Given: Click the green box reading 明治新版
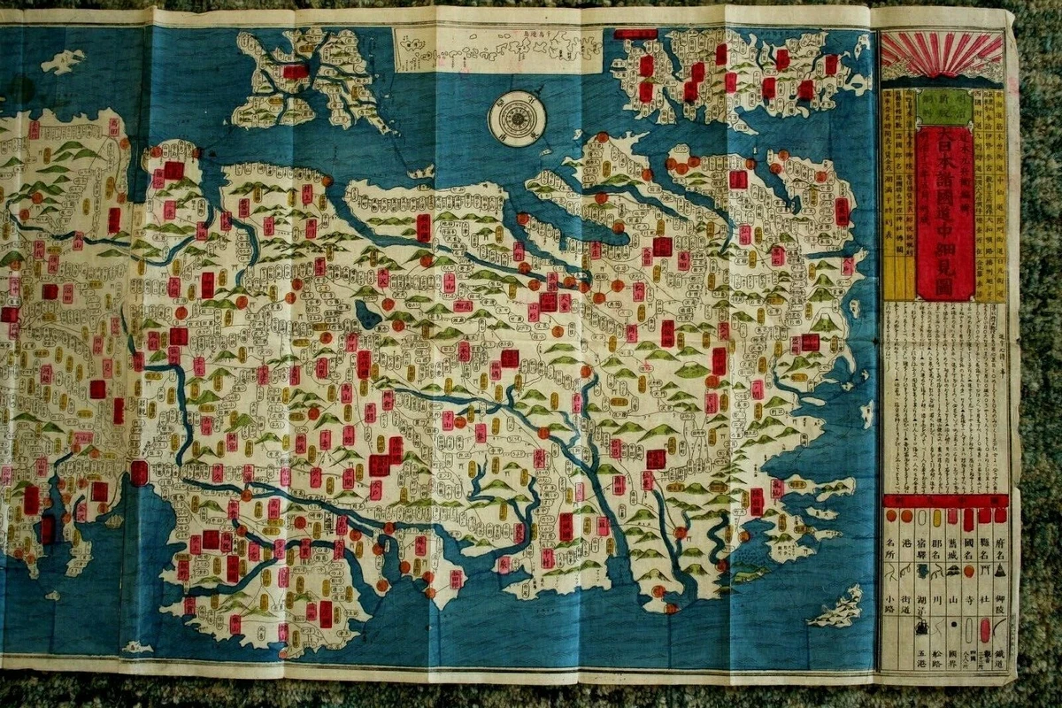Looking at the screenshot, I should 943,108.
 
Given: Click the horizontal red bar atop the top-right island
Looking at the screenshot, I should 635,35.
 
